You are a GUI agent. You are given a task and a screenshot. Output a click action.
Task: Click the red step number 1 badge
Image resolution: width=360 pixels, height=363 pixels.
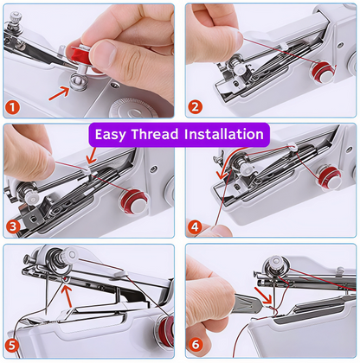(13, 108)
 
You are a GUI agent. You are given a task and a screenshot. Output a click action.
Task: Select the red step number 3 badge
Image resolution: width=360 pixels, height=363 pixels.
(13, 227)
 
